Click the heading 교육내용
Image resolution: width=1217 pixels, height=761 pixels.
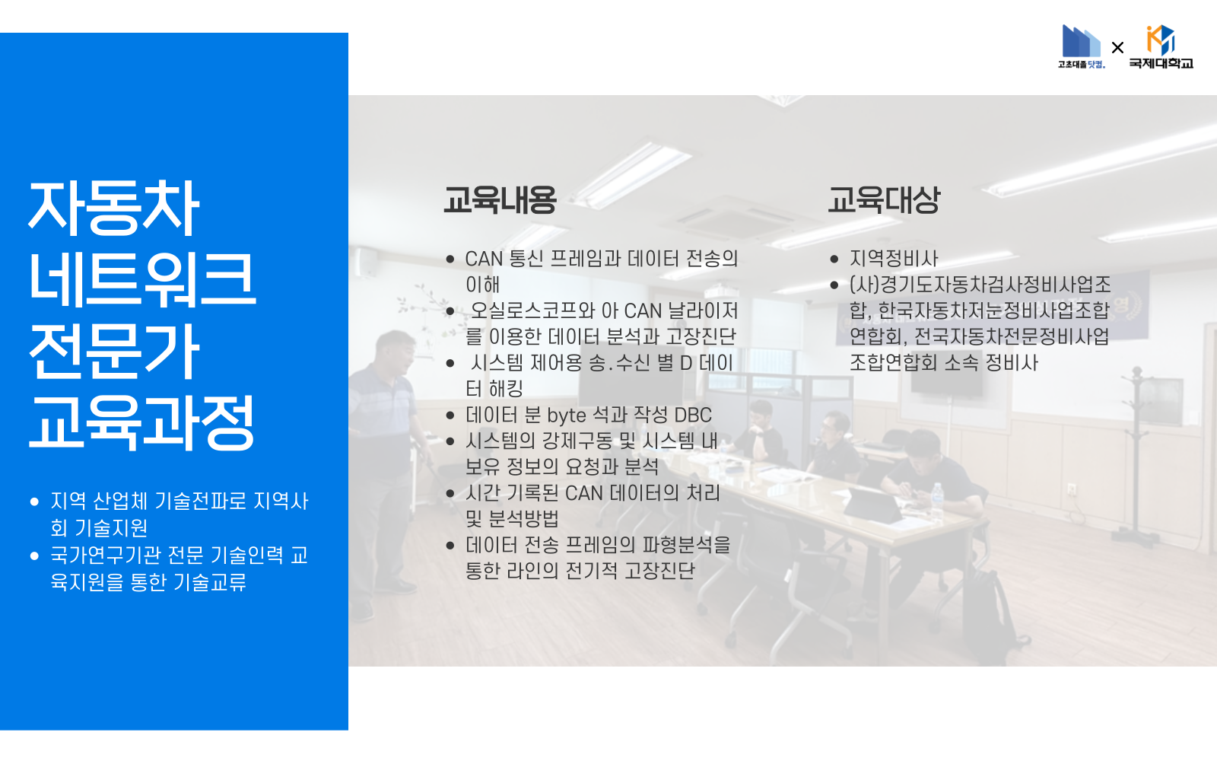point(500,200)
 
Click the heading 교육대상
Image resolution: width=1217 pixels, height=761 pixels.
point(884,200)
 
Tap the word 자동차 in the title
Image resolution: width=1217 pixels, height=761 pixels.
point(114,208)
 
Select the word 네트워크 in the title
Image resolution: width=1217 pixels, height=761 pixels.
point(142,279)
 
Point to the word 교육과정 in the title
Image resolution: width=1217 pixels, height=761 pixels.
point(142,422)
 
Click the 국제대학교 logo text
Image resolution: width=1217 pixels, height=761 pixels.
point(1161,63)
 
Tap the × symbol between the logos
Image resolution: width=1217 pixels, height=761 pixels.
point(1117,48)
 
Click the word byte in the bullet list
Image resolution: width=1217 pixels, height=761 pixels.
point(567,416)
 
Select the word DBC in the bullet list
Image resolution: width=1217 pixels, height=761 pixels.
point(692,416)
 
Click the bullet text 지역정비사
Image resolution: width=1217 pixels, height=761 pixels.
point(894,259)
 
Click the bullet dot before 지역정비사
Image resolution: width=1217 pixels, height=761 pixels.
point(834,260)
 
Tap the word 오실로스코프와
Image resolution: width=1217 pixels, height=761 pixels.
point(532,310)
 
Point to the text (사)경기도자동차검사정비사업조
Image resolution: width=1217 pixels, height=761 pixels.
point(980,285)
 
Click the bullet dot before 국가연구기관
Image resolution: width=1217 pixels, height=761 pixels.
point(34,556)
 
